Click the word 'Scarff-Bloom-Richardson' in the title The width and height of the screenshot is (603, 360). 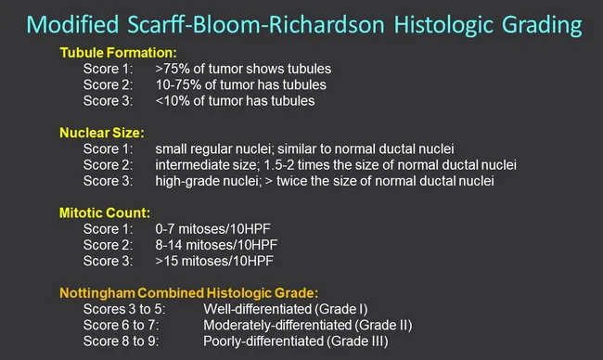[x=285, y=20]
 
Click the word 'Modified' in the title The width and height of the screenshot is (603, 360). [x=94, y=20]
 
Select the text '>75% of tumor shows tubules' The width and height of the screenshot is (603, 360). [x=243, y=70]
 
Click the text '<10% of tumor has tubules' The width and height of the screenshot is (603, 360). [x=235, y=101]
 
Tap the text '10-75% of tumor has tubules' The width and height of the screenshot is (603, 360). [x=238, y=85]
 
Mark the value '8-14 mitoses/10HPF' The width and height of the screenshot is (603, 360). [x=216, y=245]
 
